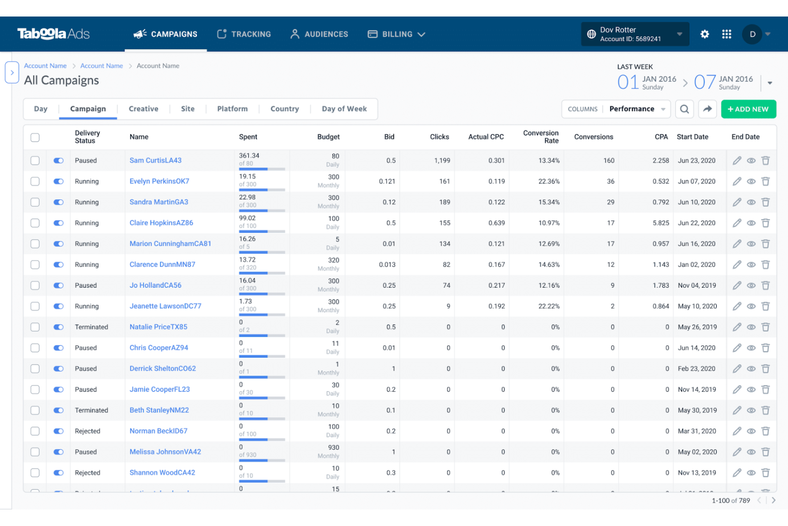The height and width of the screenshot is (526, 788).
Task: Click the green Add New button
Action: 748,109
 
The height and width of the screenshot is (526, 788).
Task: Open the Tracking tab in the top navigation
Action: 244,34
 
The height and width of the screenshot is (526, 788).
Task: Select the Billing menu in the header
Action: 397,34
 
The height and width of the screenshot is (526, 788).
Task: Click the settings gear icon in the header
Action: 704,34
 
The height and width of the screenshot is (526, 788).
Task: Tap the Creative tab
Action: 143,109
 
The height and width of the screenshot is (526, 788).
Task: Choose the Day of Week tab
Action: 344,109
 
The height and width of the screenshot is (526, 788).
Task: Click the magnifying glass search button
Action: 685,109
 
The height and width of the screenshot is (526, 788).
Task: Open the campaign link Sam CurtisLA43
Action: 155,160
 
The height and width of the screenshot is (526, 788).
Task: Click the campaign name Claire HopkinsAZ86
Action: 161,223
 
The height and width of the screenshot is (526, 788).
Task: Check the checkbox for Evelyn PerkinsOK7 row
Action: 35,181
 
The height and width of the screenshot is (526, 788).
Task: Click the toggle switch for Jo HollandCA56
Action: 59,286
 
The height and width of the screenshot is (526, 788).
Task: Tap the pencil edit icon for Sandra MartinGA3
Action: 737,202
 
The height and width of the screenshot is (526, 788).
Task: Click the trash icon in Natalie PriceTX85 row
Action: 766,327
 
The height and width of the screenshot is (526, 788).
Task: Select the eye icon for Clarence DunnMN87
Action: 751,265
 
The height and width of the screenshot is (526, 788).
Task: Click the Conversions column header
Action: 594,137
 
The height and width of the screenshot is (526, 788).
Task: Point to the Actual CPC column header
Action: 486,137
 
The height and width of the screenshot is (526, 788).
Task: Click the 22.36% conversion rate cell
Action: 549,181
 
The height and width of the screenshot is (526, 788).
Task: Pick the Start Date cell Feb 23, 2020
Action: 696,369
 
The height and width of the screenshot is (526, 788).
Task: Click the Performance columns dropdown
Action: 637,109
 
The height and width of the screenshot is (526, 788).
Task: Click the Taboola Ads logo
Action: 53,34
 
